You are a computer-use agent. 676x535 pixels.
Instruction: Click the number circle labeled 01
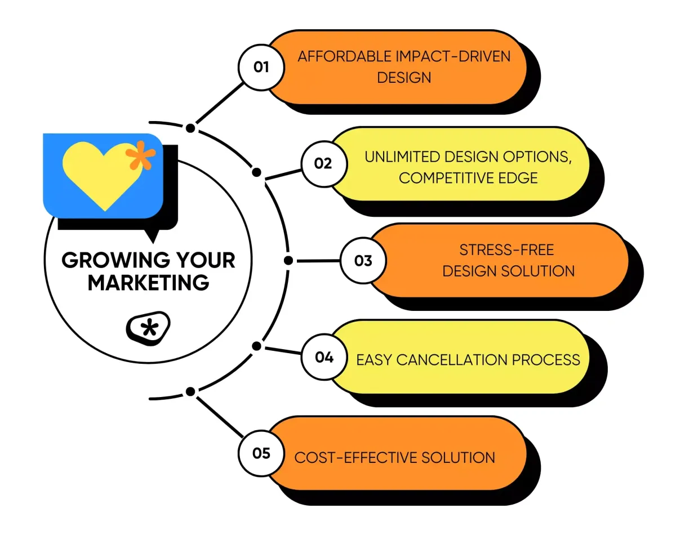tap(261, 68)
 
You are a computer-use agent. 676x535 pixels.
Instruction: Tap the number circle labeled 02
tap(323, 164)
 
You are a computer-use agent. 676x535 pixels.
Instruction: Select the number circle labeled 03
tap(363, 261)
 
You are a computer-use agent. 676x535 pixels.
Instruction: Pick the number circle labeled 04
tap(324, 357)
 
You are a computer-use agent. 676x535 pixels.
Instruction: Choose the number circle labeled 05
tap(261, 453)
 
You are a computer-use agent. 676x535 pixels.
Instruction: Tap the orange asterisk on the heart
tap(140, 155)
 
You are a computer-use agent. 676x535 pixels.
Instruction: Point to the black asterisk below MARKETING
tap(149, 328)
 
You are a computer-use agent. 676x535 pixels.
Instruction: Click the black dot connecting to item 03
tap(288, 261)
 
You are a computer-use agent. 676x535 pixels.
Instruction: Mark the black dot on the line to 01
tap(190, 128)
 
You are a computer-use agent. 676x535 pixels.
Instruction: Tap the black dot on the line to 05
tap(190, 391)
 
